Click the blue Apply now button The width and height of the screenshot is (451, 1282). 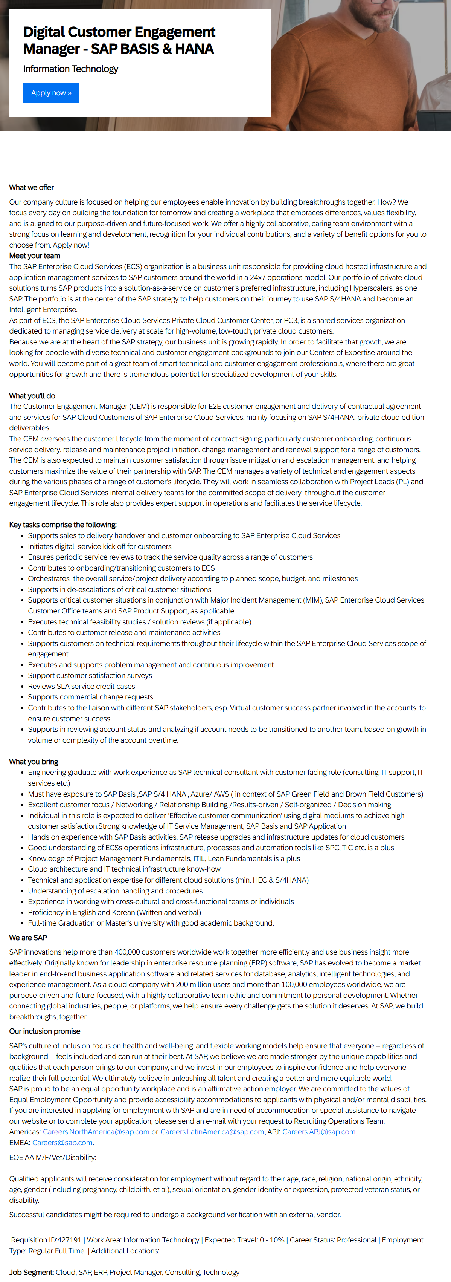(51, 93)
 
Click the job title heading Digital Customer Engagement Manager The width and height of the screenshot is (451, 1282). (119, 40)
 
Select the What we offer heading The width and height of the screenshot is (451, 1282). (31, 188)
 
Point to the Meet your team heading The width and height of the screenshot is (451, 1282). (34, 256)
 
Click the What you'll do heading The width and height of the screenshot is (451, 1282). (32, 396)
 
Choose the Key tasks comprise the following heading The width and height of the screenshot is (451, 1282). (62, 525)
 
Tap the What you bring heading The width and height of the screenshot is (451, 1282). (33, 762)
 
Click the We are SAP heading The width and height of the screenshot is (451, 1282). (28, 938)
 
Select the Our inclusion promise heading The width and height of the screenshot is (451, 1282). (44, 1031)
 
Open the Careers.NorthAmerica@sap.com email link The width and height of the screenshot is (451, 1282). (96, 1132)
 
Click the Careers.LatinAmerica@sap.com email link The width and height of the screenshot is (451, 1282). (212, 1132)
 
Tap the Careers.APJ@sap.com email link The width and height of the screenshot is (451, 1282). (319, 1132)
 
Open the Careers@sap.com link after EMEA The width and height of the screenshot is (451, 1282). (62, 1143)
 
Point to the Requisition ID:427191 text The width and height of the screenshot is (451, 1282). (46, 1240)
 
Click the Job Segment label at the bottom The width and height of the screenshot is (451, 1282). (31, 1272)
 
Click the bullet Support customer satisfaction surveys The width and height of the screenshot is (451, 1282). (90, 675)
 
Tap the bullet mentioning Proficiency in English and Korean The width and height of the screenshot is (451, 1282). (114, 912)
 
